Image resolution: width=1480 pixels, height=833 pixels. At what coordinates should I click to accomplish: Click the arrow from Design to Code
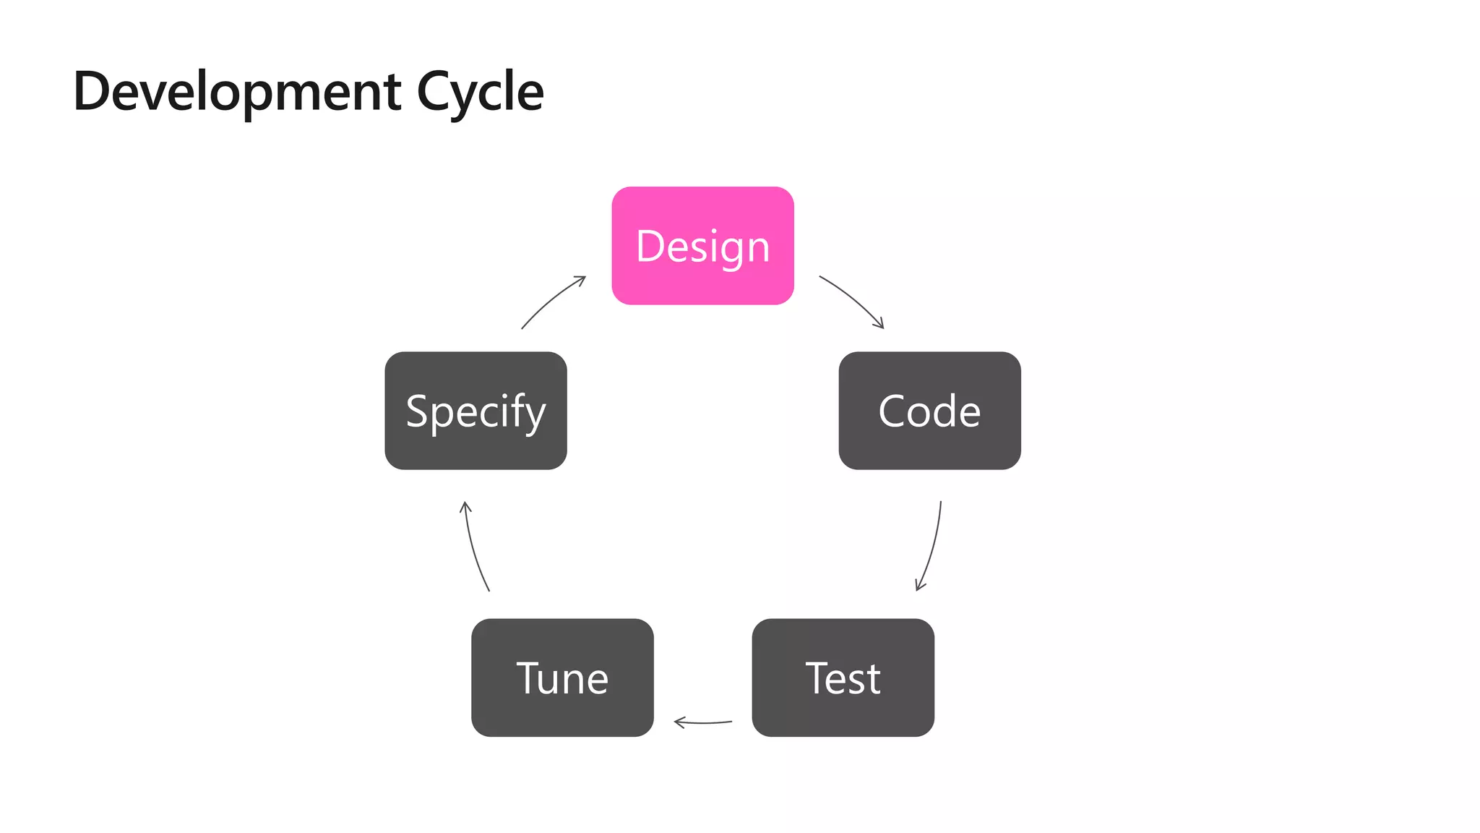tap(853, 299)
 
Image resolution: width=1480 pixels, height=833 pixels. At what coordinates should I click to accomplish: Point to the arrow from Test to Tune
tap(703, 722)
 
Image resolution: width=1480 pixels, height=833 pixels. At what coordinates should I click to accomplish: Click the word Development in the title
tap(237, 93)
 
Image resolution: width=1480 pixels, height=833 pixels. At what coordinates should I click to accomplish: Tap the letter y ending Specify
tap(534, 415)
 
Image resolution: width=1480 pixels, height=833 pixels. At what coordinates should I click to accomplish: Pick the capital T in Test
tap(818, 678)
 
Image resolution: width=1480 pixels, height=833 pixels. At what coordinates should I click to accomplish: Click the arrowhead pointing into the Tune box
tap(678, 722)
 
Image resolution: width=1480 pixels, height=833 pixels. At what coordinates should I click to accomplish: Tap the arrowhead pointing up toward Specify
tap(465, 505)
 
